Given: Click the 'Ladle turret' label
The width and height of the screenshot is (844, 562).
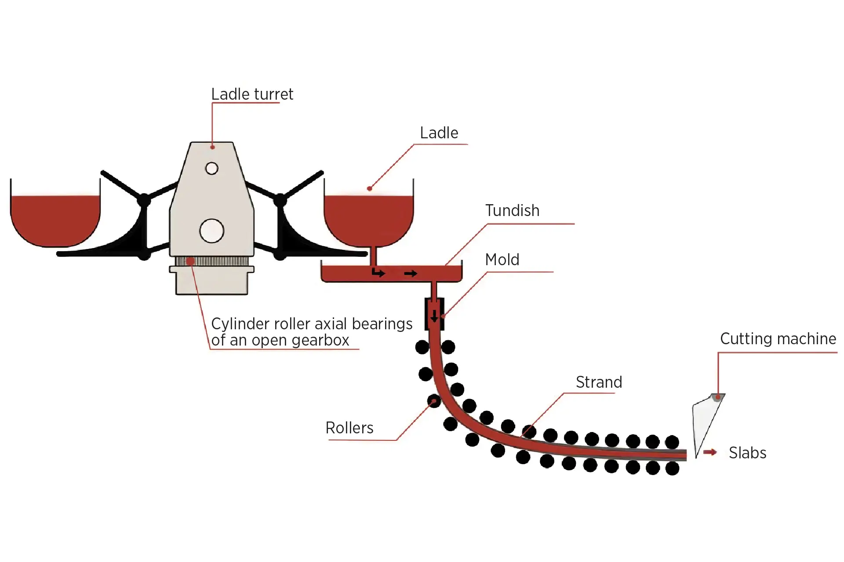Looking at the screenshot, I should tap(252, 94).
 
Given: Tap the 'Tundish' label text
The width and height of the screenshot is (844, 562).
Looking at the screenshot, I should tap(512, 211).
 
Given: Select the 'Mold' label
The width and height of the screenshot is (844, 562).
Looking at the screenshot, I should tap(502, 260).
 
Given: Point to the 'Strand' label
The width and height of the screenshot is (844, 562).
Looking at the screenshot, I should tap(599, 382).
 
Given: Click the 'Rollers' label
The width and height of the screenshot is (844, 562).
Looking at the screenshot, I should tap(349, 428).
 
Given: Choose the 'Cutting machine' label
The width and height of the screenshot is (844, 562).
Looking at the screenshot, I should tap(778, 339).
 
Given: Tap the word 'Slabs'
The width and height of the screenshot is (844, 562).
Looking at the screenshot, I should tap(747, 453).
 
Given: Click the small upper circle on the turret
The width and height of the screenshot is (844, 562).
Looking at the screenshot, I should tap(212, 168).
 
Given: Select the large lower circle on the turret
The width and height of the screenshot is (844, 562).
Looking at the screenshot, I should tap(212, 231).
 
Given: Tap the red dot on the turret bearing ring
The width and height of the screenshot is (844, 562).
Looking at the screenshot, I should tap(190, 262).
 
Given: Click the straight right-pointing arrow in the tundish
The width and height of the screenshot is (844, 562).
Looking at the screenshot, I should tap(411, 274).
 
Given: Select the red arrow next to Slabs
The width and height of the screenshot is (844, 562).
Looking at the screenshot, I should tap(710, 452).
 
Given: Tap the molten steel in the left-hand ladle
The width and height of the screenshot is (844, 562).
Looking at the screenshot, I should tap(55, 220).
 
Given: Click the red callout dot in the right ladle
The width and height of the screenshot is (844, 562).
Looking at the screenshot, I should tap(370, 189).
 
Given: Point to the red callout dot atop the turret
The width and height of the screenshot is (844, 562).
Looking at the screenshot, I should tap(212, 147).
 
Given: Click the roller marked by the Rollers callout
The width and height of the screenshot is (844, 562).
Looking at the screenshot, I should tap(434, 401).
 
